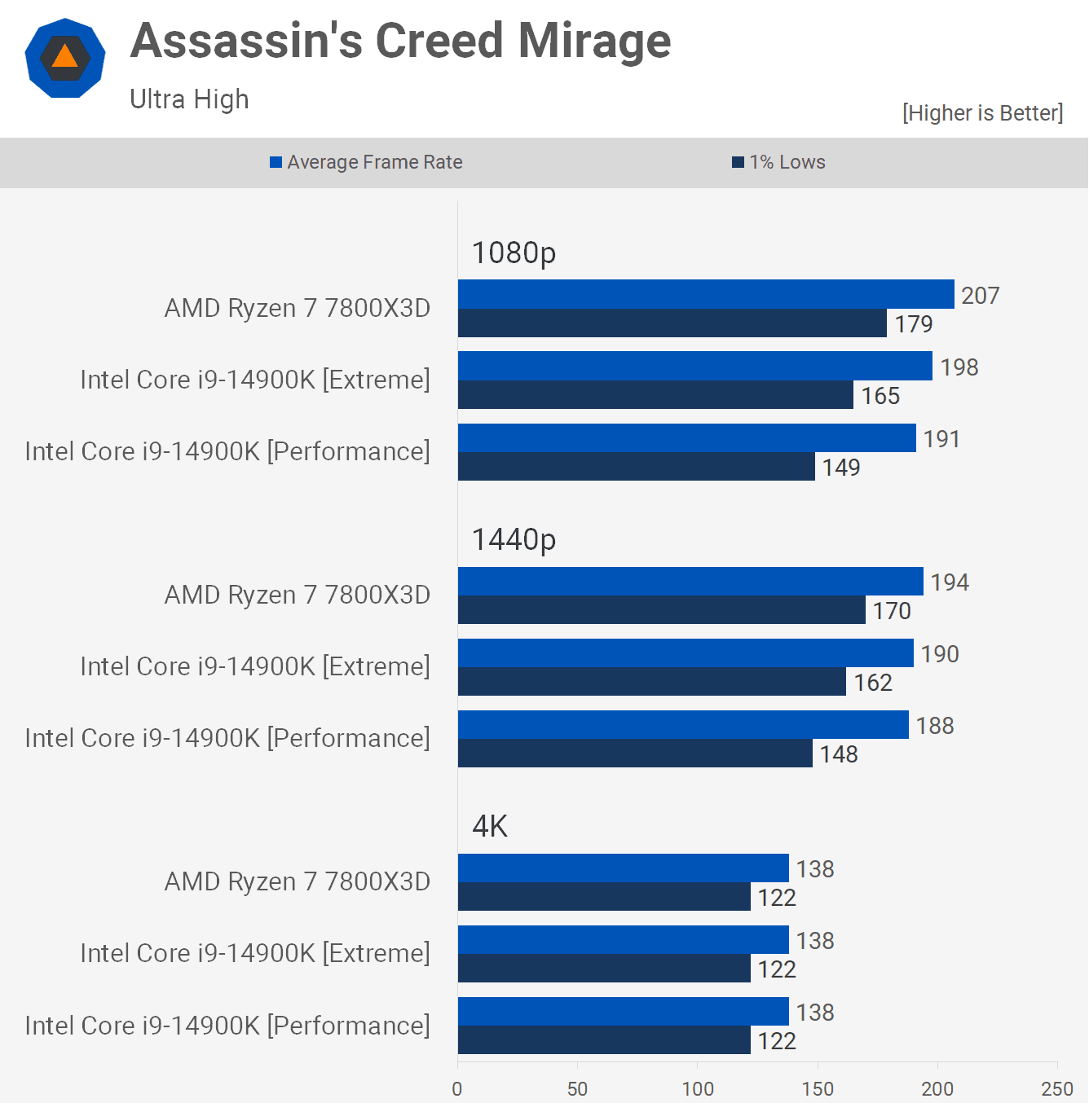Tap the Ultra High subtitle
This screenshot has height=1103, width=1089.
point(189,99)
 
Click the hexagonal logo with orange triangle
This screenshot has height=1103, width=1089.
point(65,59)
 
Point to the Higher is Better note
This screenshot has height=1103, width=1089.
point(982,113)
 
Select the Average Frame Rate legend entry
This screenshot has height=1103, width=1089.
point(366,162)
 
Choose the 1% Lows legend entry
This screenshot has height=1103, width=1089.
point(778,162)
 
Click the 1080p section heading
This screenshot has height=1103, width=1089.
point(514,253)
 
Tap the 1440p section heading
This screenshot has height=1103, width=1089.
point(514,539)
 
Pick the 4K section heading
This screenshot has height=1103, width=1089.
point(490,826)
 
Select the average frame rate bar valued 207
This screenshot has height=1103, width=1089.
point(706,294)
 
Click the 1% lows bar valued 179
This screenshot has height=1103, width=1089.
point(672,323)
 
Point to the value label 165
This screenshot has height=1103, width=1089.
point(880,396)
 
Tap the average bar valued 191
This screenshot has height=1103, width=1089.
point(686,437)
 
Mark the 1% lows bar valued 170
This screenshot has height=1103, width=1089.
point(661,610)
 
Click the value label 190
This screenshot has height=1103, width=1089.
point(940,654)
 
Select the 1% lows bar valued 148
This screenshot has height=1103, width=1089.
point(635,754)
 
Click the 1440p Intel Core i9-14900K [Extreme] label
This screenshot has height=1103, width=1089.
point(255,666)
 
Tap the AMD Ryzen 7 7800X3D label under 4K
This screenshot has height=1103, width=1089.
point(298,881)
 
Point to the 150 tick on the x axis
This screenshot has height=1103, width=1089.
point(818,1088)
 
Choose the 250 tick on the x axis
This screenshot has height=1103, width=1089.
point(1057,1088)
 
